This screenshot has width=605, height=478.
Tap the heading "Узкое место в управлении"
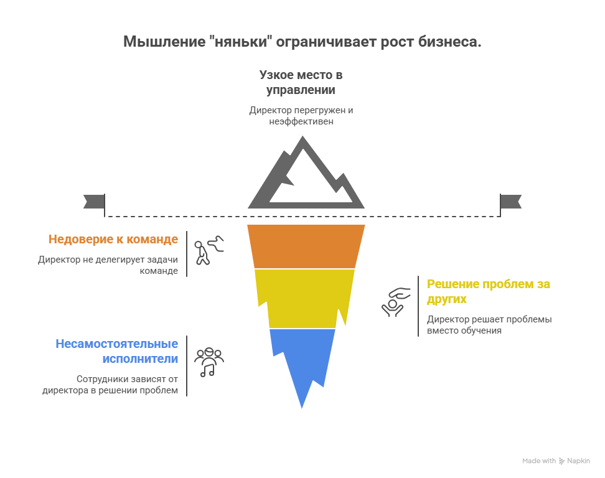point(301,82)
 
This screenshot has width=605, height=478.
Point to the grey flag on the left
point(93,201)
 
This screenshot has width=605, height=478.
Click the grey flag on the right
point(512,201)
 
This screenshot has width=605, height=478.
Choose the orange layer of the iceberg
point(306,246)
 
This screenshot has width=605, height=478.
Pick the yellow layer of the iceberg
point(304,298)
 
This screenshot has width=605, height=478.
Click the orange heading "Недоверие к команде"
point(113,239)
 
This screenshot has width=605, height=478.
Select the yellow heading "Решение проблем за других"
point(488,291)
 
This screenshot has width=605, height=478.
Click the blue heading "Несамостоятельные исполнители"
point(117,351)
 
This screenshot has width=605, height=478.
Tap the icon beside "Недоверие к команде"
point(208,250)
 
